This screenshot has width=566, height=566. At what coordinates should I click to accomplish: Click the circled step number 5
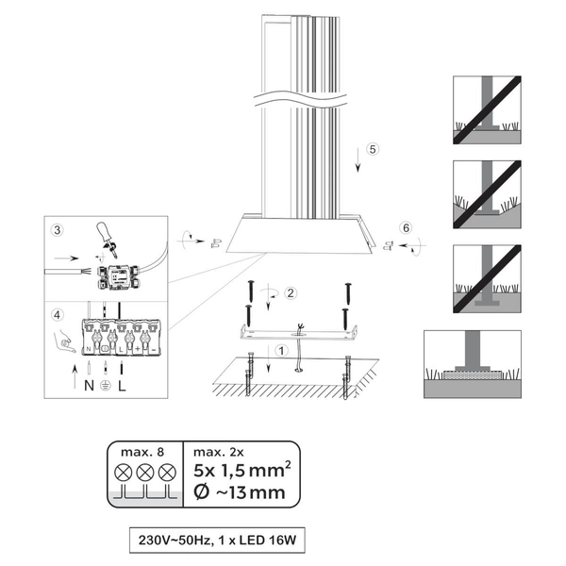(373, 149)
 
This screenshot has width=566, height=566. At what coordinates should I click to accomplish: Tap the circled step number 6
(406, 227)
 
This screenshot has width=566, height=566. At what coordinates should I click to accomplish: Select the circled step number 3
(57, 230)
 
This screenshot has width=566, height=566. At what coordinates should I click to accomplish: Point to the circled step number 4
(57, 315)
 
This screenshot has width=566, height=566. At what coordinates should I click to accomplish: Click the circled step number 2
(291, 293)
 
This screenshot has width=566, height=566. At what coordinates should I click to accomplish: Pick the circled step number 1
(281, 350)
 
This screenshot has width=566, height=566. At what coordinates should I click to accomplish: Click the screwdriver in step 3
(106, 239)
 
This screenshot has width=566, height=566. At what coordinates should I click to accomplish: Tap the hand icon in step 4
(64, 342)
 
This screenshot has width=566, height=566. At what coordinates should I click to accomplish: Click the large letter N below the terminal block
(89, 386)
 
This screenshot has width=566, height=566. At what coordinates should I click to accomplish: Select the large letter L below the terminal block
(122, 386)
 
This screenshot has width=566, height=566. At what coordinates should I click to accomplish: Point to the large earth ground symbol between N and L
(105, 386)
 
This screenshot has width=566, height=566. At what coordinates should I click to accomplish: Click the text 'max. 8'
(142, 452)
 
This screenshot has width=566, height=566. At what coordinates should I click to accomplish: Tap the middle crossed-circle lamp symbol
(145, 473)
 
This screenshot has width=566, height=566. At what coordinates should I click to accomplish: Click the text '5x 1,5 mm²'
(242, 470)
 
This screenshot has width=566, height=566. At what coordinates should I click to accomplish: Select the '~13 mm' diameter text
(250, 492)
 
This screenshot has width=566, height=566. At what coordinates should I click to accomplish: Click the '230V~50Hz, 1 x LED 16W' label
(217, 541)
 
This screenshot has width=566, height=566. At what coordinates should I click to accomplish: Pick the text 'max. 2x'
(219, 452)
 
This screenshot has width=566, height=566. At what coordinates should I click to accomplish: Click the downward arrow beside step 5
(358, 159)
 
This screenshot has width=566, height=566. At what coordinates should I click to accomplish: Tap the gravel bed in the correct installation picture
(473, 375)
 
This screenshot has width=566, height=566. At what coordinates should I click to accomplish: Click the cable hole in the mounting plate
(298, 335)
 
